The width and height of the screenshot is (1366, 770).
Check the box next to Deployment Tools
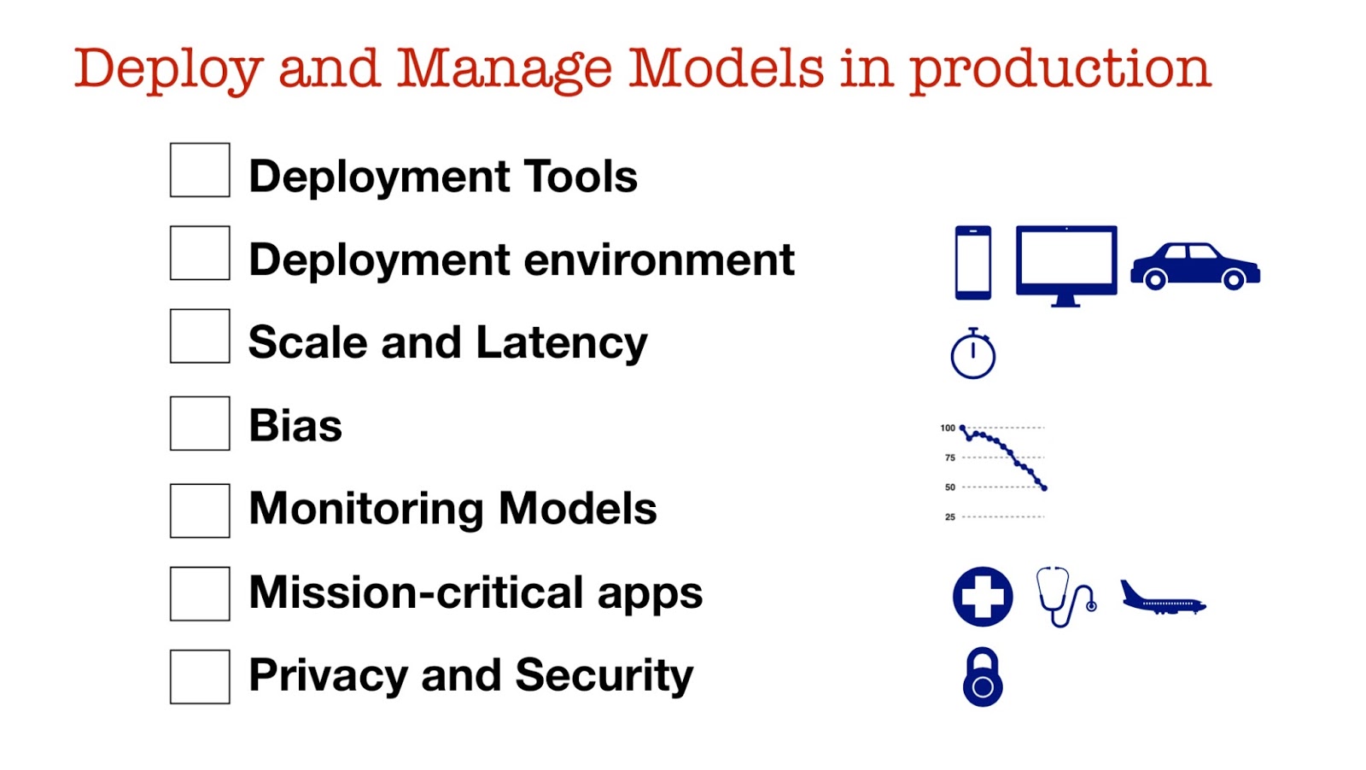tap(200, 170)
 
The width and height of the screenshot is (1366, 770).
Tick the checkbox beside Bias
tap(200, 423)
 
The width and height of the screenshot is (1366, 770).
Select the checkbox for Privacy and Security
tap(200, 677)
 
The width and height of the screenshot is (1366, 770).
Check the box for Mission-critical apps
tap(200, 593)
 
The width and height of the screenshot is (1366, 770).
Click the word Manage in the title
tap(505, 68)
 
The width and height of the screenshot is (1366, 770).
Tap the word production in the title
tap(1059, 70)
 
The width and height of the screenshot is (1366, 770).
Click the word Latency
tap(561, 343)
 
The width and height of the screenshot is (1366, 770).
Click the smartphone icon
tap(973, 263)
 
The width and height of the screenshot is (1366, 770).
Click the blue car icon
tap(1195, 265)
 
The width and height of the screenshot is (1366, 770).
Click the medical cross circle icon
tap(983, 597)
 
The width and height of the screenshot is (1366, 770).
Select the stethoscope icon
tap(1065, 597)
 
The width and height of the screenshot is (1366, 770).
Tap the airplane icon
tap(1161, 599)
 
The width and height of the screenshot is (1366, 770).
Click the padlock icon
tap(983, 678)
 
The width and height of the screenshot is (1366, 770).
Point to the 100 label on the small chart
tap(948, 428)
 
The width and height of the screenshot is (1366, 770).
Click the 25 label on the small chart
tap(949, 517)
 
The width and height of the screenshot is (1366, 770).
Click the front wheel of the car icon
tap(1234, 279)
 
